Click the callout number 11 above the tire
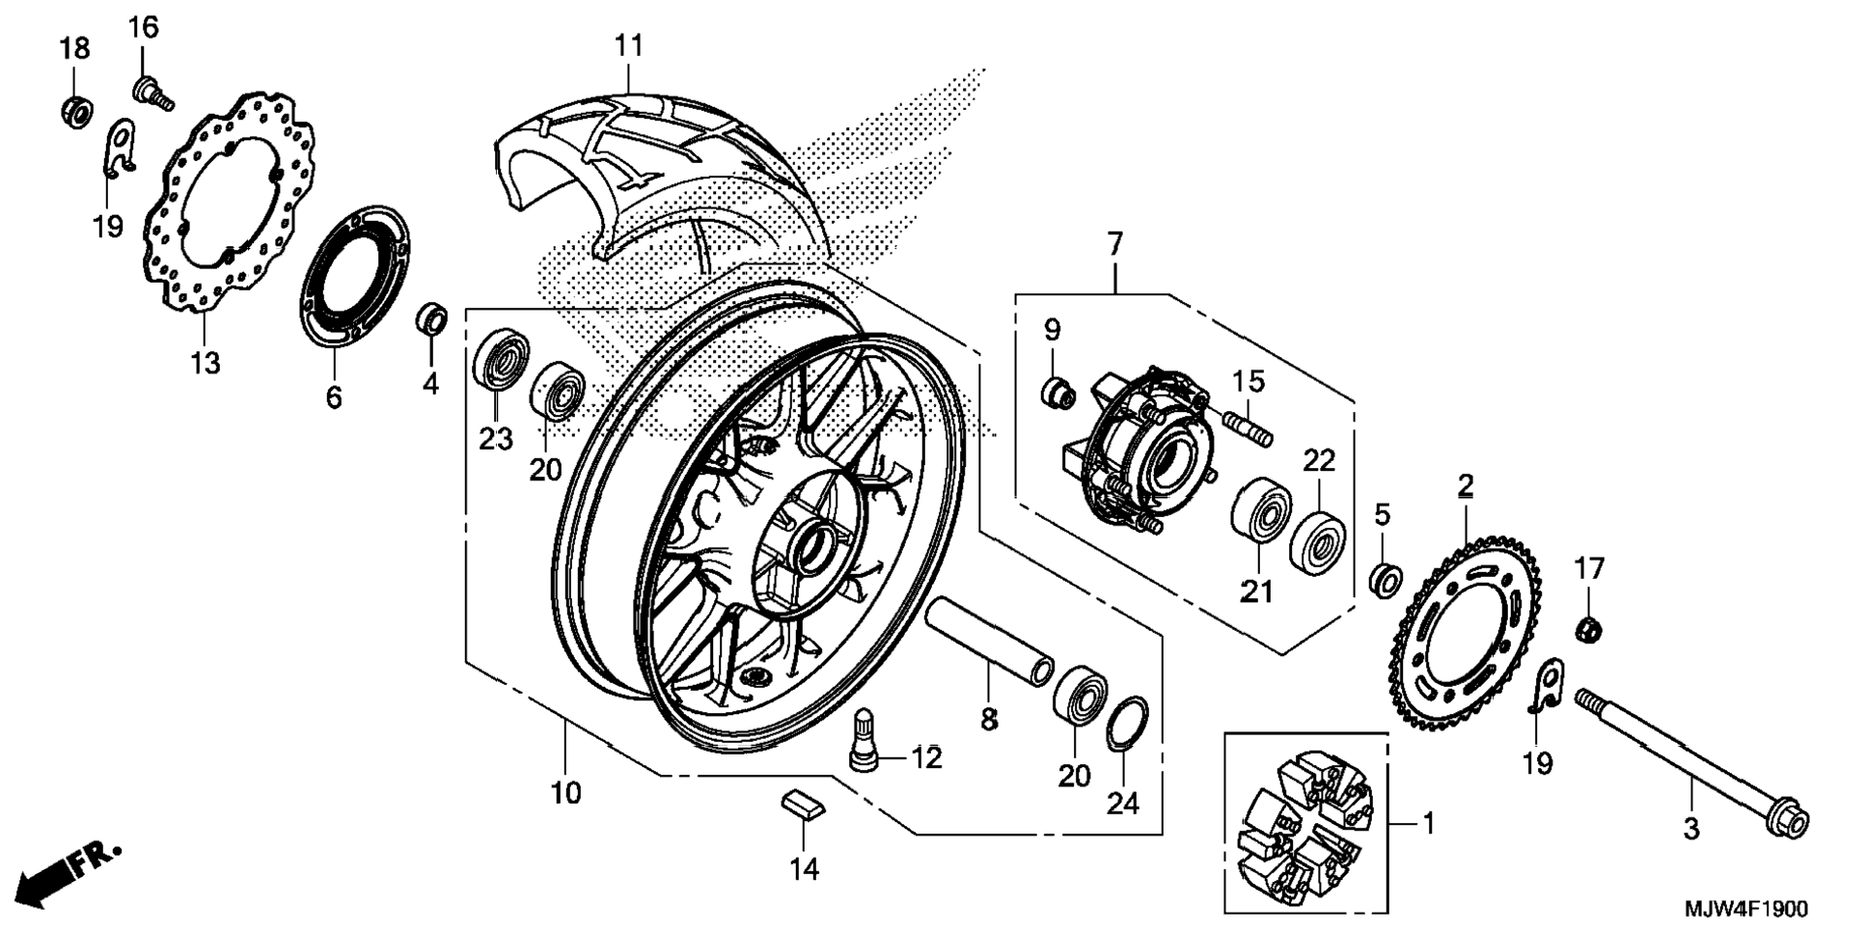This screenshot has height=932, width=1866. (x=628, y=45)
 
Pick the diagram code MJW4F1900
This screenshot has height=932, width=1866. (x=1746, y=909)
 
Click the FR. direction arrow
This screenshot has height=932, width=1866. (x=70, y=876)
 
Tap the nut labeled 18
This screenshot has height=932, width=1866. (x=75, y=111)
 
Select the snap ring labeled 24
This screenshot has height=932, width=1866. (x=1127, y=722)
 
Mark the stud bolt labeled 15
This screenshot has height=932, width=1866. (x=1249, y=427)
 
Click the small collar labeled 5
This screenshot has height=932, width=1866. (x=1386, y=579)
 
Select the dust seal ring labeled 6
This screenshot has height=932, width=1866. (x=353, y=276)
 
